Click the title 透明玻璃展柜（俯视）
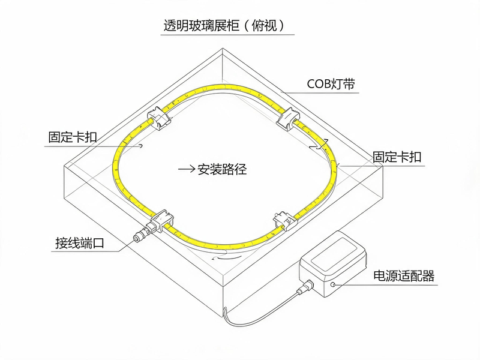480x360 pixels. [224, 25]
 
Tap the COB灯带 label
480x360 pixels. [331, 83]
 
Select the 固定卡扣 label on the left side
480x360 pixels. [73, 137]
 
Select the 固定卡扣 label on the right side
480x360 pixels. [397, 157]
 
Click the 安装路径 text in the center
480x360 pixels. [222, 169]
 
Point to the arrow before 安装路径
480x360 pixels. [187, 169]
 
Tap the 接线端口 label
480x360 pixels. [80, 243]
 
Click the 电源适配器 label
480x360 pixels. [404, 276]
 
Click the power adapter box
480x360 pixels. [333, 263]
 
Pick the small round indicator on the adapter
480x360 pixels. [333, 284]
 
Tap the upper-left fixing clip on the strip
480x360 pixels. [158, 118]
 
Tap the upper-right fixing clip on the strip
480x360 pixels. [289, 119]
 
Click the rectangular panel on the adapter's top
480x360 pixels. [334, 254]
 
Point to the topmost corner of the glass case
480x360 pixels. [223, 48]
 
